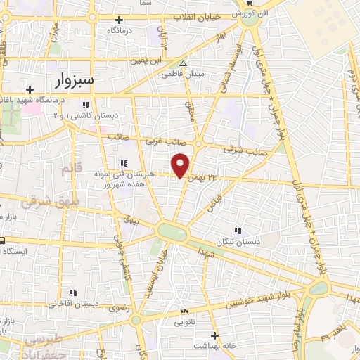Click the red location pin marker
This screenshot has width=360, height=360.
(x=181, y=164)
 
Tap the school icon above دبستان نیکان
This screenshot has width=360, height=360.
(x=237, y=231)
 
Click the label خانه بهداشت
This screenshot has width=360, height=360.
(x=215, y=347)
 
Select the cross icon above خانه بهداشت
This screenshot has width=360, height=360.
(x=215, y=335)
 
